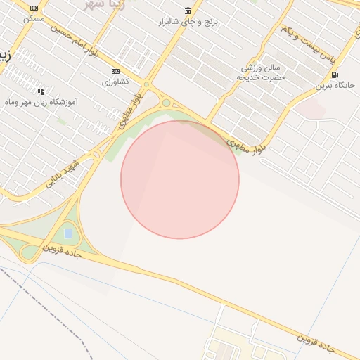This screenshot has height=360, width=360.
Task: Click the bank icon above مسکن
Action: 34,8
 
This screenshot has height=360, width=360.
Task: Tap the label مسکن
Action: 34,18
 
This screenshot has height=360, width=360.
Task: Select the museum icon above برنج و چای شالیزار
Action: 188,11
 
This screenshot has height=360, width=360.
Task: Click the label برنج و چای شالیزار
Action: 188,22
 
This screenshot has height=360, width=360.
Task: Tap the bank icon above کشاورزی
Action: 116,71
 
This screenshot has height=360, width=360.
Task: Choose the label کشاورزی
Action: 116,82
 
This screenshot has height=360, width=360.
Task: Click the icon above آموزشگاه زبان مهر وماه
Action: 41,91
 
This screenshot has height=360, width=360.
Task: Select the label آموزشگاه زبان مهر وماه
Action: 41,103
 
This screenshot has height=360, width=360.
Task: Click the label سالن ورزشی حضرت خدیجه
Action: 263,72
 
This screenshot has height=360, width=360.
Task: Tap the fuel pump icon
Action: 333,75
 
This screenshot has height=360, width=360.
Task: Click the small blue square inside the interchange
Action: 67,233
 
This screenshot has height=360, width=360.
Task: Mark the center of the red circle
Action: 180,179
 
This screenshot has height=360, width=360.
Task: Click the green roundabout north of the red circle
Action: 166,103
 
